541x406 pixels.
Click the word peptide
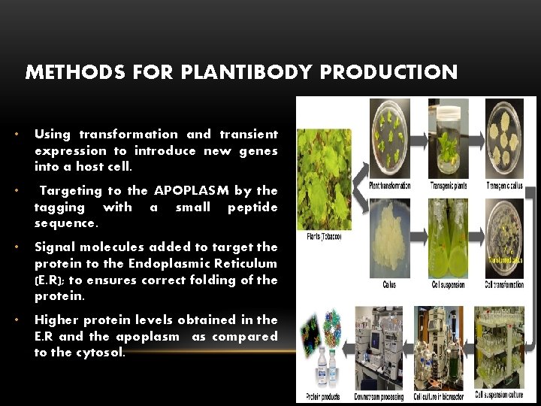(253, 207)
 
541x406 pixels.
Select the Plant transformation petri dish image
(389, 139)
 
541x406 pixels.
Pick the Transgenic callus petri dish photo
(503, 139)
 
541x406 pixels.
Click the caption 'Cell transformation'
(504, 285)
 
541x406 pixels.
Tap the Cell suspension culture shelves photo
(504, 346)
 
